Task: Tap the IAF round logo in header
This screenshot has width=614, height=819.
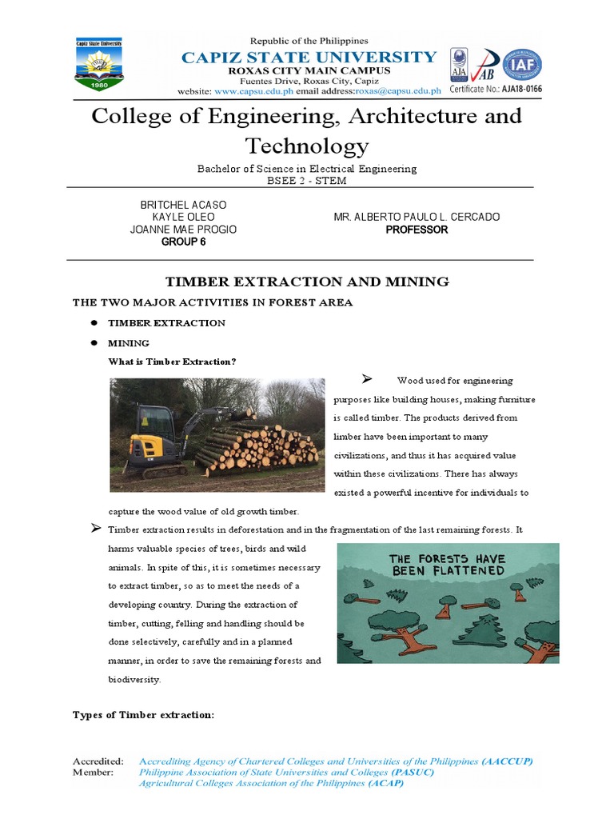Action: click(520, 65)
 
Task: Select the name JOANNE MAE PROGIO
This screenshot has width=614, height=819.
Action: click(183, 230)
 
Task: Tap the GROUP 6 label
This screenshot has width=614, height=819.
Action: click(183, 242)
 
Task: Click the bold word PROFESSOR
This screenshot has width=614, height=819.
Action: click(417, 230)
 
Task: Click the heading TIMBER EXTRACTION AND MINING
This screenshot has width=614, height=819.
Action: click(306, 282)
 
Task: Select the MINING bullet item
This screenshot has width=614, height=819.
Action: click(129, 342)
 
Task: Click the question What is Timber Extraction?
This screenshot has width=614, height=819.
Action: click(172, 362)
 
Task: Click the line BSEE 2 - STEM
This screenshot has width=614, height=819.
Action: click(306, 181)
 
